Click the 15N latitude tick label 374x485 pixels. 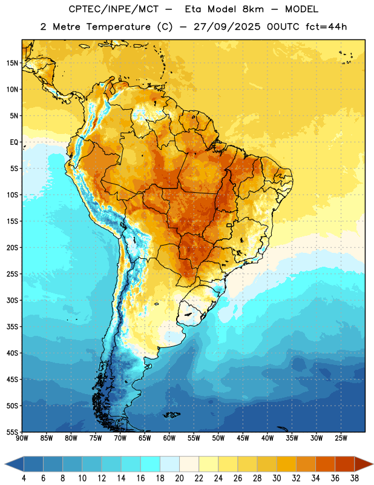pyautogui.click(x=12, y=63)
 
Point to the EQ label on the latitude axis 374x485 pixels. pyautogui.click(x=14, y=142)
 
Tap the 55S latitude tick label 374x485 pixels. pyautogui.click(x=12, y=432)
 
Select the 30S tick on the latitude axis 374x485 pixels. pyautogui.click(x=12, y=300)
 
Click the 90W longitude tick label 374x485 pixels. pyautogui.click(x=22, y=438)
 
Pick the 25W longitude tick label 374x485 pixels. pyautogui.click(x=341, y=438)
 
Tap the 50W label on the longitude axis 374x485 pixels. pyautogui.click(x=218, y=438)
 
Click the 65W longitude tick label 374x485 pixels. pyautogui.click(x=145, y=438)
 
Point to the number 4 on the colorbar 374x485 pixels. pyautogui.click(x=24, y=478)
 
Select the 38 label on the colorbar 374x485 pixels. pyautogui.click(x=354, y=478)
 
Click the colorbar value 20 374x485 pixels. pyautogui.click(x=179, y=478)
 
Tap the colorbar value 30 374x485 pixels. pyautogui.click(x=277, y=478)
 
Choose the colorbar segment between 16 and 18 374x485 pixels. pyautogui.click(x=150, y=464)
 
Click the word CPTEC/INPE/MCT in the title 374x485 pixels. pyautogui.click(x=113, y=9)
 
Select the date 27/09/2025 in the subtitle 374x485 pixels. pyautogui.click(x=227, y=27)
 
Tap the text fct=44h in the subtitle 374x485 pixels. pyautogui.click(x=326, y=27)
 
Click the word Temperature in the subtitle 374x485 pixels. pyautogui.click(x=118, y=27)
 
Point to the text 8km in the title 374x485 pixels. pyautogui.click(x=253, y=9)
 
